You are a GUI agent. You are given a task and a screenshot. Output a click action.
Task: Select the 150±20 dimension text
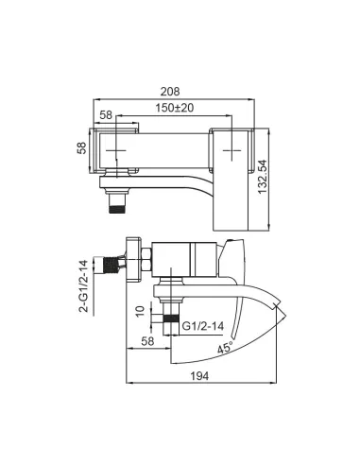(x=172, y=109)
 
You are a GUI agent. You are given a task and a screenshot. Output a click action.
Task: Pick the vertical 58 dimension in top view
(x=82, y=148)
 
